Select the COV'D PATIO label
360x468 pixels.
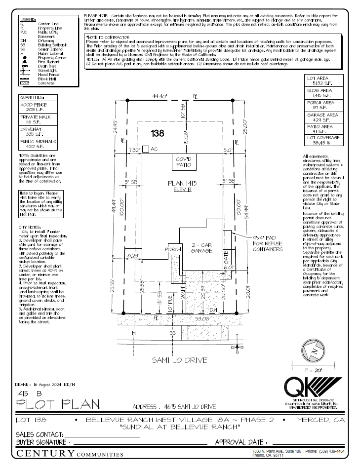[183, 162]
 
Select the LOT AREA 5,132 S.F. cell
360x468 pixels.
[324, 81]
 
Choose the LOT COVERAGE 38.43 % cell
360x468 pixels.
[324, 140]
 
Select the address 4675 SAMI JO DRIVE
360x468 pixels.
[174, 407]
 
